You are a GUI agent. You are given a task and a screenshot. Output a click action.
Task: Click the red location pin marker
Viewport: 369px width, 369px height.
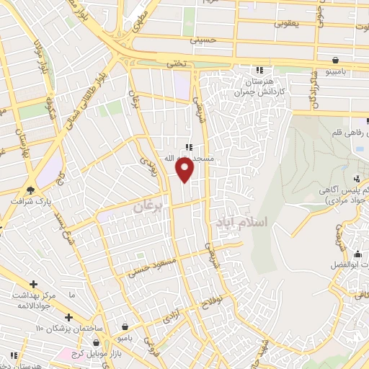(x=185, y=169)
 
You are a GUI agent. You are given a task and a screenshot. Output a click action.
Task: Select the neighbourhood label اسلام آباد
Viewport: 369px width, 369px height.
(x=241, y=223)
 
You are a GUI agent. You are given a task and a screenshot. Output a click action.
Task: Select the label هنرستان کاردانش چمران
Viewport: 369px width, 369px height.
(x=259, y=88)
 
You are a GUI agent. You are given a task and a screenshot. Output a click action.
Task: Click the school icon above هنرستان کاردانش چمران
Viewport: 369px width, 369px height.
(x=259, y=70)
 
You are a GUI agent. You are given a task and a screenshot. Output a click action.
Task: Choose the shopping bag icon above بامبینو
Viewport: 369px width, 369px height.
(x=336, y=59)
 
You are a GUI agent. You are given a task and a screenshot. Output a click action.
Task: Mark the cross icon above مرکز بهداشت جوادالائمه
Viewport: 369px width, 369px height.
(x=33, y=284)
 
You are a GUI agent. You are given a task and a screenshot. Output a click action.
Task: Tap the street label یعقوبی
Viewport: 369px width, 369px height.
(x=286, y=23)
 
